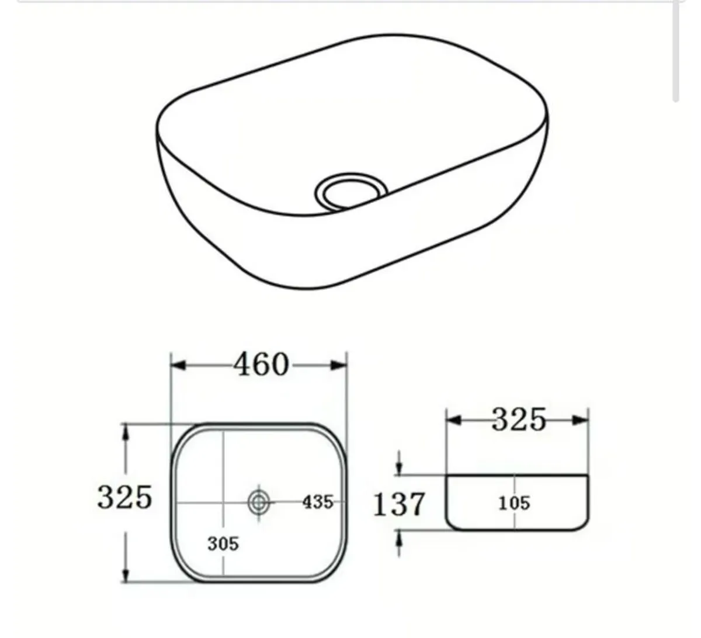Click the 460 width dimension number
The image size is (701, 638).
click(x=261, y=365)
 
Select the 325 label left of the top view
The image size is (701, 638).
click(x=124, y=497)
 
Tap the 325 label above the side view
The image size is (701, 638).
click(x=518, y=419)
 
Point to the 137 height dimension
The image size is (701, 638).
click(x=399, y=503)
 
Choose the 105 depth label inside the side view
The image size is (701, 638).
click(x=514, y=502)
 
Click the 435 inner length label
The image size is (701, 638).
click(x=318, y=501)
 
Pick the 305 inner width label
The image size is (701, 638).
click(x=223, y=544)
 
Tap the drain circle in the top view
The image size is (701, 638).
click(x=258, y=501)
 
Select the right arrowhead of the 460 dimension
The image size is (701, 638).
click(x=339, y=365)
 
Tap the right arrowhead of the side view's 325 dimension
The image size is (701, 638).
click(x=581, y=419)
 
